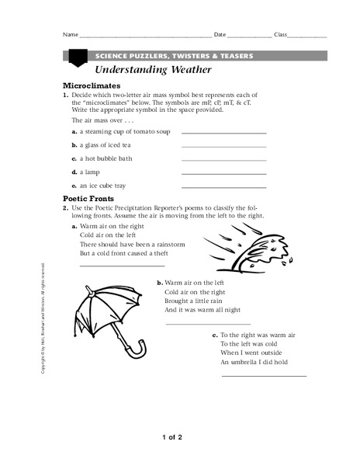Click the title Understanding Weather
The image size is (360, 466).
pos(147,70)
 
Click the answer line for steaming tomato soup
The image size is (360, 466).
pos(223,132)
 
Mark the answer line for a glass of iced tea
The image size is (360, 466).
pos(223,146)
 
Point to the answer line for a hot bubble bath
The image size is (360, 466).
pos(223,160)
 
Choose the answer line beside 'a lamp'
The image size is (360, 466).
pos(223,173)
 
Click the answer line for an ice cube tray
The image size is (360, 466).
pos(223,187)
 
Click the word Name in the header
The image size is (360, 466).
pos(70,37)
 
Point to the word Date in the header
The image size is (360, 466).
pos(220,37)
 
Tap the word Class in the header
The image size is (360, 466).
pos(281,37)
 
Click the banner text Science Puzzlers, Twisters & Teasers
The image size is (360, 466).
pos(173,57)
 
